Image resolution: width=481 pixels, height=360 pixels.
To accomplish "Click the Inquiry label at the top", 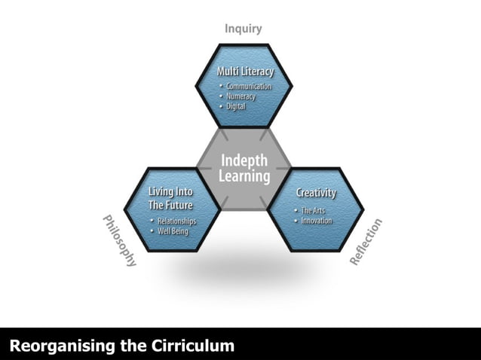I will pyautogui.click(x=243, y=29).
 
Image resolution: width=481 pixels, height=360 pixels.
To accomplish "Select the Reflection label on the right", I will pyautogui.click(x=366, y=242).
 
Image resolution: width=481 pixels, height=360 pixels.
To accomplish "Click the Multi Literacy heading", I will pyautogui.click(x=245, y=72).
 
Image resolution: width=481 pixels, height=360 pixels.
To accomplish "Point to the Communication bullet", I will pyautogui.click(x=249, y=87).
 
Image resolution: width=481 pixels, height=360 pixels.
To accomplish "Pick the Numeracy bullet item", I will pyautogui.click(x=240, y=96).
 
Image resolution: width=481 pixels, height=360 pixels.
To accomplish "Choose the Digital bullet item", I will pyautogui.click(x=236, y=106).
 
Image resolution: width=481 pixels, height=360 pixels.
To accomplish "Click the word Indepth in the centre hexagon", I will pyautogui.click(x=244, y=161).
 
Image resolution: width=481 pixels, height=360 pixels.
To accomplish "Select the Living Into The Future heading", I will pyautogui.click(x=170, y=198).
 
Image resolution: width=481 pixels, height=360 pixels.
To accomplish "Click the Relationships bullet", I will pyautogui.click(x=176, y=221).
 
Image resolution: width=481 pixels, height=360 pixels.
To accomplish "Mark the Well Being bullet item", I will pyautogui.click(x=171, y=230).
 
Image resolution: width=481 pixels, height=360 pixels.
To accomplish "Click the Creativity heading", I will pyautogui.click(x=316, y=193).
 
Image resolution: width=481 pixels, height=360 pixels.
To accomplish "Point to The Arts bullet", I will pyautogui.click(x=312, y=210).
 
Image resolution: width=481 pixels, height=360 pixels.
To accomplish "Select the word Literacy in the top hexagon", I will pyautogui.click(x=259, y=72).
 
